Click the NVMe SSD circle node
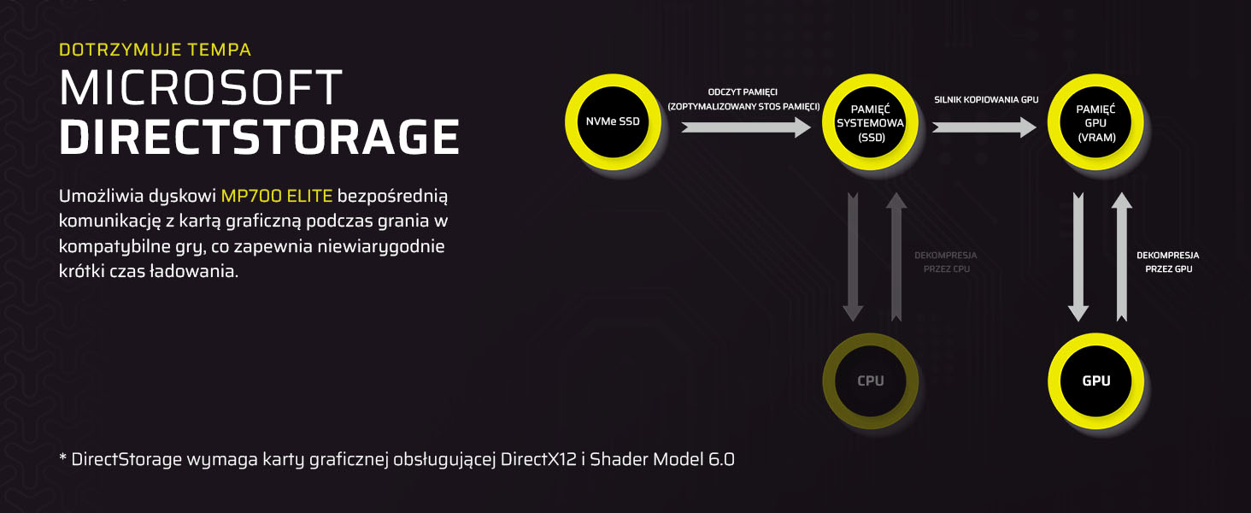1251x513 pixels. [613, 121]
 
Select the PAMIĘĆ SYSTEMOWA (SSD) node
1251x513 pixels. [870, 121]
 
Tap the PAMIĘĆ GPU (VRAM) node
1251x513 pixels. [1095, 121]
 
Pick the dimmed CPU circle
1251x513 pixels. [870, 381]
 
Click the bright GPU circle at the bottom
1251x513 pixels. [1095, 381]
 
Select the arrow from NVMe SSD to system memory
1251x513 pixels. [746, 127]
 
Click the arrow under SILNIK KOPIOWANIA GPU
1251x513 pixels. [984, 127]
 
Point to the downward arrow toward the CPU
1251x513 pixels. [853, 257]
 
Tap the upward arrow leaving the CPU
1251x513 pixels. [896, 257]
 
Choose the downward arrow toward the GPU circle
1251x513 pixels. [1078, 257]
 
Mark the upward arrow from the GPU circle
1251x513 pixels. [1121, 257]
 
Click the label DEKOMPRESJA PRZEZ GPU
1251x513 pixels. [1168, 262]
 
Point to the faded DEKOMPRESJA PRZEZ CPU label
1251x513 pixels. [945, 262]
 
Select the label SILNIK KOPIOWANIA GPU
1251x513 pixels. [986, 100]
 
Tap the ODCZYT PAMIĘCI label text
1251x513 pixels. [743, 92]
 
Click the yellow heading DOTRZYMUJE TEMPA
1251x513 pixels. [156, 50]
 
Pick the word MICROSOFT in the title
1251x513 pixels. [201, 87]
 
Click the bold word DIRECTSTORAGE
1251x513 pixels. [259, 136]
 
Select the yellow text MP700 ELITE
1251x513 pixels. [277, 196]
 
